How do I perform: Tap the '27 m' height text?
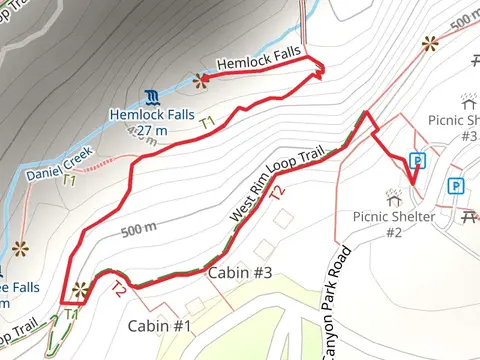pos(152,130)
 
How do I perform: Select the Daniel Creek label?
pos(59,163)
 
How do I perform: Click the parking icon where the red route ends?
pos(417,160)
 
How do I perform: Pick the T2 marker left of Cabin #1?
pos(118,291)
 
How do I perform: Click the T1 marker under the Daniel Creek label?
pos(69,181)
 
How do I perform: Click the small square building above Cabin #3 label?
pos(264,245)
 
